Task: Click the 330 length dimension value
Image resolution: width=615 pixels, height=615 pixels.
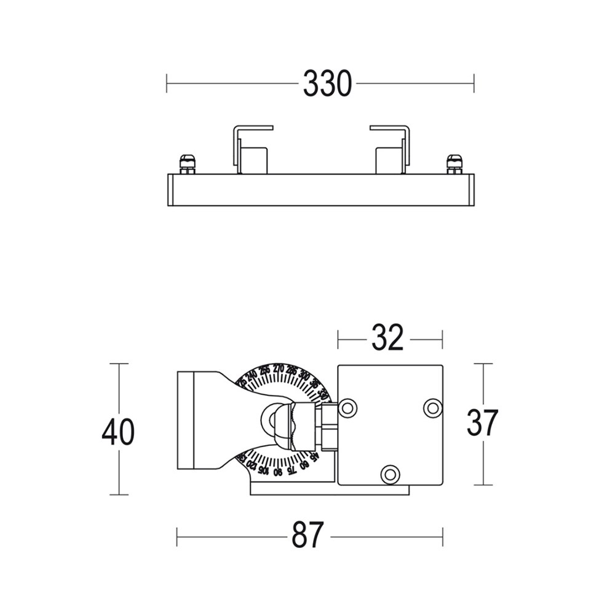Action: coord(327,84)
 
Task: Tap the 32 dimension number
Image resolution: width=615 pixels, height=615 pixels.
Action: coord(387,338)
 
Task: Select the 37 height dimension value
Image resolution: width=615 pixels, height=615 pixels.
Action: coord(482,423)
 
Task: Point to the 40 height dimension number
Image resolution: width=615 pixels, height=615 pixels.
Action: coord(118,432)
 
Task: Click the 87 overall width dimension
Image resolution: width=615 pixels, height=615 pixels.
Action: coord(307,536)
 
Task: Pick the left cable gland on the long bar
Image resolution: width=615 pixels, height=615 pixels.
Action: coord(188,164)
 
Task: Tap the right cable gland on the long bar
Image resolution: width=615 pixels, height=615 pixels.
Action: coord(454,164)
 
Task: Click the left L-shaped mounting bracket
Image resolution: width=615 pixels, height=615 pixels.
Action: coord(251,149)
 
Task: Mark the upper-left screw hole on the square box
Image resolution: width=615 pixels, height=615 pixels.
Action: coord(347,407)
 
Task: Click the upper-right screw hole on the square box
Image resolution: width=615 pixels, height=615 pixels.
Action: coord(433,407)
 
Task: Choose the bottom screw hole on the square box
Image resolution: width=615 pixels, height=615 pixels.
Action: coord(390,474)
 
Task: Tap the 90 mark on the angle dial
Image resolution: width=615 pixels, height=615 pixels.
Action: coord(278,472)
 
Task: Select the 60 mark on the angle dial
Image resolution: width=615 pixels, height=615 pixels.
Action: coord(303,464)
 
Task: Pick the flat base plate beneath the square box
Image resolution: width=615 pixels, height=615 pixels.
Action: coord(329,490)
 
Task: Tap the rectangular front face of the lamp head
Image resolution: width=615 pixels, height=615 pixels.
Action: coord(185,420)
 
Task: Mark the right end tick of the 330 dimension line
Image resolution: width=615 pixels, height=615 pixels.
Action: coord(474,84)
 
